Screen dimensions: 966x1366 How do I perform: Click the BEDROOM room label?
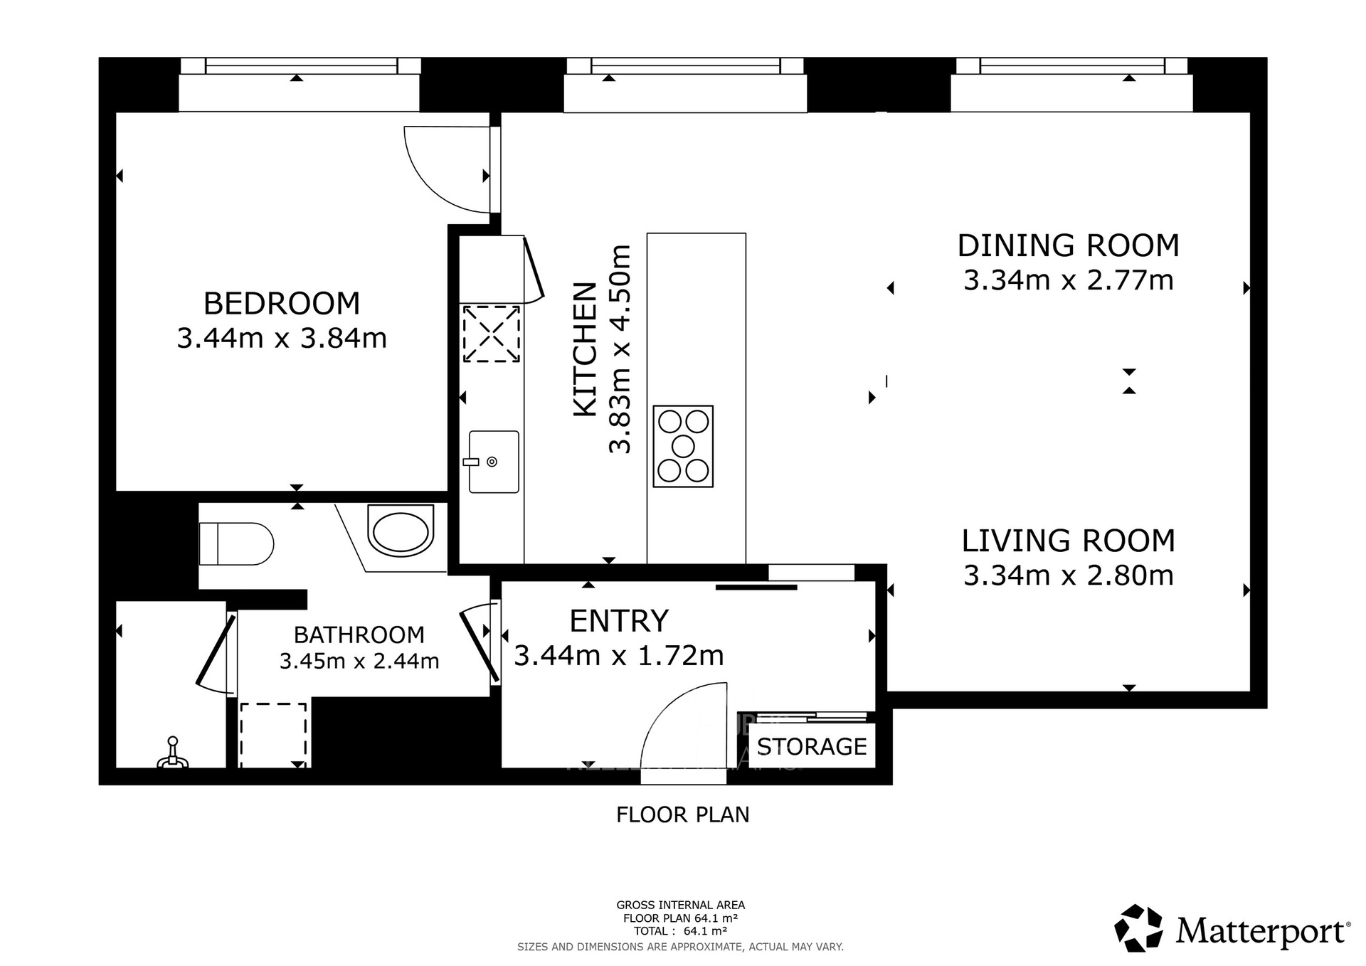[x=282, y=304]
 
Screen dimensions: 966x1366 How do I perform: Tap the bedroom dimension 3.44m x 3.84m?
[x=282, y=338]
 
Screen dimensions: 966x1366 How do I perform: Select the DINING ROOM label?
[x=1068, y=245]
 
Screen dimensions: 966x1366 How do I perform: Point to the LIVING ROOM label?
[x=1068, y=541]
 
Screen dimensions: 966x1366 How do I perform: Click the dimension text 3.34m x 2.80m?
[x=1068, y=575]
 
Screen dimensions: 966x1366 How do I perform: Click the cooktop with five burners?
[x=683, y=446]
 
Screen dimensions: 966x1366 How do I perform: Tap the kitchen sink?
[x=493, y=462]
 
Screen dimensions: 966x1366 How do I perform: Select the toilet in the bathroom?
[x=236, y=544]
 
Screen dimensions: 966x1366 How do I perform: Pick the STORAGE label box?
[x=812, y=746]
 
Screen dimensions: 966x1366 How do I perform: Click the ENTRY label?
[x=619, y=621]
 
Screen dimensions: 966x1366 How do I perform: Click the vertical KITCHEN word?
[x=585, y=349]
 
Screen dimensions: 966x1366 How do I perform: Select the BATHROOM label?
[x=359, y=635]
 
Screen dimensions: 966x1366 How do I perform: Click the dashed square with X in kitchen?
[x=491, y=334]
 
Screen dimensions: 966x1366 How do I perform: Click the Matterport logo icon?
[x=1138, y=928]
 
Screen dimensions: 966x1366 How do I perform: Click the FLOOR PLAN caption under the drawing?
[x=682, y=814]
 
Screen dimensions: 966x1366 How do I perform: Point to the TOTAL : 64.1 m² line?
[x=680, y=930]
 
